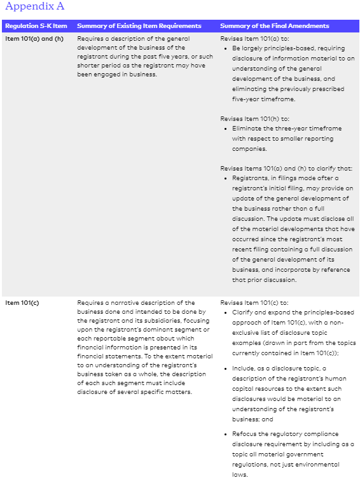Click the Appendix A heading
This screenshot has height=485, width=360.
pos(34,7)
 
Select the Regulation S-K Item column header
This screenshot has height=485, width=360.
pos(36,26)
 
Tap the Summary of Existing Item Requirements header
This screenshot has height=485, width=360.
pos(139,26)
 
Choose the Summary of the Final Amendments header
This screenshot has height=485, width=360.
pos(274,26)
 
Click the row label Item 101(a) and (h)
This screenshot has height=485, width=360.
pos(34,38)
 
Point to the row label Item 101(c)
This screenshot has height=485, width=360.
pos(22,302)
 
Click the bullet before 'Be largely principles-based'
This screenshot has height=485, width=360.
pos(226,48)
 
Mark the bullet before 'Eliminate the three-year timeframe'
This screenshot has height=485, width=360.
pos(226,129)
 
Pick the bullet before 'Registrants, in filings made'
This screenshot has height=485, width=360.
pos(226,178)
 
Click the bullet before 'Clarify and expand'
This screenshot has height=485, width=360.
pos(226,313)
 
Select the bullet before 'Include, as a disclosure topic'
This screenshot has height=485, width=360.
pos(226,369)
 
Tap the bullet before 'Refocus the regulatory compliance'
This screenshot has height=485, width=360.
pos(226,434)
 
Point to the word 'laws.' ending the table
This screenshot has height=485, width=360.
pos(240,474)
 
